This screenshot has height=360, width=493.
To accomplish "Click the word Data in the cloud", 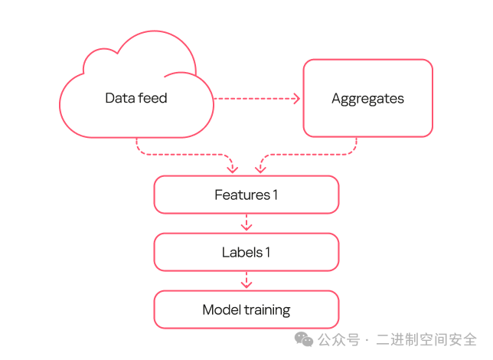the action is (x=119, y=98).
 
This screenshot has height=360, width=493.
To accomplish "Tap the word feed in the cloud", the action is (x=153, y=98).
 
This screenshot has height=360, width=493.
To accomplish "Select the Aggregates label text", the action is (x=368, y=99).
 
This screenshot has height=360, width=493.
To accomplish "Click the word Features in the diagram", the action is (x=243, y=195).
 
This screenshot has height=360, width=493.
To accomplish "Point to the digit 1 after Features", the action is (x=276, y=195).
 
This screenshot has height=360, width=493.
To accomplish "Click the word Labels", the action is (x=242, y=252).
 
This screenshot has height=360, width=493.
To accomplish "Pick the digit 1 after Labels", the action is (x=268, y=252).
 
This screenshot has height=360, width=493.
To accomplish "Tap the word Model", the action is (x=222, y=309).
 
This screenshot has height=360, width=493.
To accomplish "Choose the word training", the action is (x=268, y=310).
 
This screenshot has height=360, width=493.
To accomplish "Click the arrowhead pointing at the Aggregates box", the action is (x=296, y=99).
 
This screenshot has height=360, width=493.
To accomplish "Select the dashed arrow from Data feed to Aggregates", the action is (x=257, y=99).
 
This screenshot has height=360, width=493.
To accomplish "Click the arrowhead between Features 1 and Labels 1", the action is (x=246, y=227).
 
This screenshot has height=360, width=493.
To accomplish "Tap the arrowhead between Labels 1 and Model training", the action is (x=246, y=284).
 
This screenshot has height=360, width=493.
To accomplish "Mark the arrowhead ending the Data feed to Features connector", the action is (x=233, y=170).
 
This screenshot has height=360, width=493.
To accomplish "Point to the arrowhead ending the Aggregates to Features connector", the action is (x=260, y=170).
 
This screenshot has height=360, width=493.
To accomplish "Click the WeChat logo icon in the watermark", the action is (x=304, y=339).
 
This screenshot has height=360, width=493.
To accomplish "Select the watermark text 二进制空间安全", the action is (x=426, y=340).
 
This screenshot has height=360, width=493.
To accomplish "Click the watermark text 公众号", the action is (x=338, y=340).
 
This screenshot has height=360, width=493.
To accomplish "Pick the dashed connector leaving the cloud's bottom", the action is (x=185, y=155).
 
